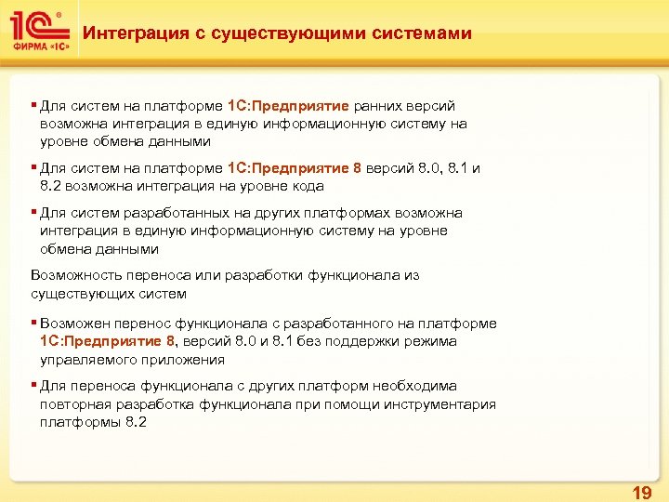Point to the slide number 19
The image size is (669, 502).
pos(641,492)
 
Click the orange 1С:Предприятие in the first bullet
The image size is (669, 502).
pos(288,106)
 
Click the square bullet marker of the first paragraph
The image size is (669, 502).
pos(33,106)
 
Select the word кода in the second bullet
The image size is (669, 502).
pos(306,186)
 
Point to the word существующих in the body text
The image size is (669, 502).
pos(78,294)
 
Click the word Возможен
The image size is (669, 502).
pos(73,323)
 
